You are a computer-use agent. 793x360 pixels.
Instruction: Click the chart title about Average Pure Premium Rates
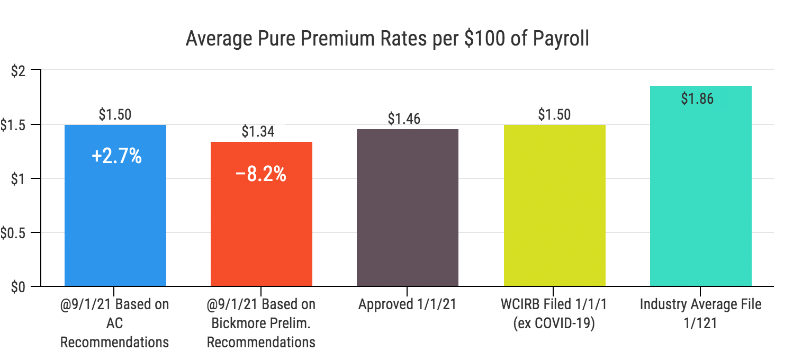click(x=387, y=40)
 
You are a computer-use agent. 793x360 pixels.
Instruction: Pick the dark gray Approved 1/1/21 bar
click(x=408, y=212)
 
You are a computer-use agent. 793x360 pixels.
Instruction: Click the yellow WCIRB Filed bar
click(x=554, y=212)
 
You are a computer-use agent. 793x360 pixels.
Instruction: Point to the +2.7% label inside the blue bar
click(x=116, y=156)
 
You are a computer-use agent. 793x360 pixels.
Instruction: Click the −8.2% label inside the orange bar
click(x=260, y=174)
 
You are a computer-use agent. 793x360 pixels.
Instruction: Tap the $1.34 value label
click(x=258, y=131)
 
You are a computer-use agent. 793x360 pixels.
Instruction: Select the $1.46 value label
click(x=404, y=119)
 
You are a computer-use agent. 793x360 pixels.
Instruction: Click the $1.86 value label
click(x=697, y=98)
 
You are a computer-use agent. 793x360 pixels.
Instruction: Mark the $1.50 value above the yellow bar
click(x=554, y=114)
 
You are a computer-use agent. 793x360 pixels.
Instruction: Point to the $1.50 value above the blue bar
click(x=115, y=114)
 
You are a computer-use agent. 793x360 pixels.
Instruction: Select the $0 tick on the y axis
click(x=19, y=287)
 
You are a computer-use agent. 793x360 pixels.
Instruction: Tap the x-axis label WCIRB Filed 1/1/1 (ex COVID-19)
click(x=554, y=314)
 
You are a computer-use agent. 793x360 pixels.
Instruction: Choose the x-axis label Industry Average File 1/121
click(x=700, y=314)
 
